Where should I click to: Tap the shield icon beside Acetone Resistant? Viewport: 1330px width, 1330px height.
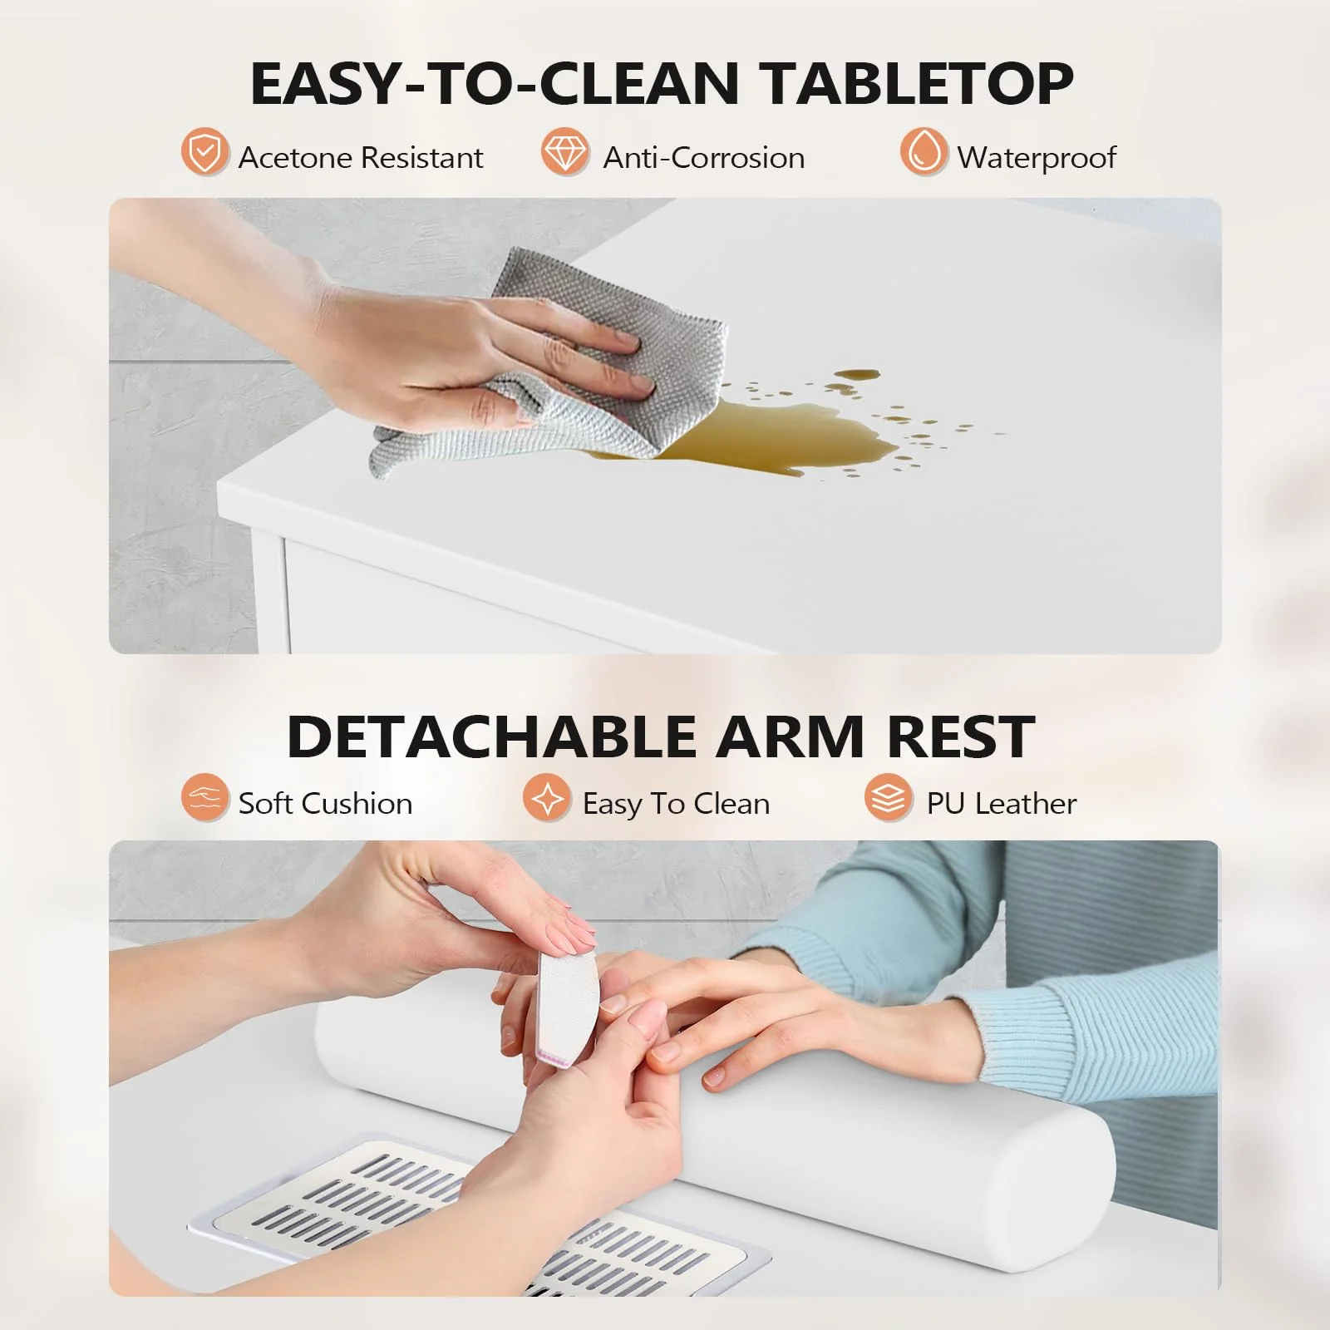(x=204, y=152)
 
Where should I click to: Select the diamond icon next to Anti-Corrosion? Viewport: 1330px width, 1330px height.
(x=564, y=152)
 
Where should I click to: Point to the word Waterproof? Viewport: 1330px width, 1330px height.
(x=1037, y=158)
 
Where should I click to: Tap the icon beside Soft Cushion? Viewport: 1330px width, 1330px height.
(x=204, y=797)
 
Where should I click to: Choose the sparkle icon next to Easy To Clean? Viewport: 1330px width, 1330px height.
(x=547, y=797)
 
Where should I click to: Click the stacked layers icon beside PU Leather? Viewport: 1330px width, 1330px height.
(x=888, y=797)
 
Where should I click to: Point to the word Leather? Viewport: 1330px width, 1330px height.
(x=1026, y=804)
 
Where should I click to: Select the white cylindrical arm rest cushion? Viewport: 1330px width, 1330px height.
(x=914, y=1147)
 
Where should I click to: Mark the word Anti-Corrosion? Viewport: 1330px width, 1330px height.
(x=703, y=158)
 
